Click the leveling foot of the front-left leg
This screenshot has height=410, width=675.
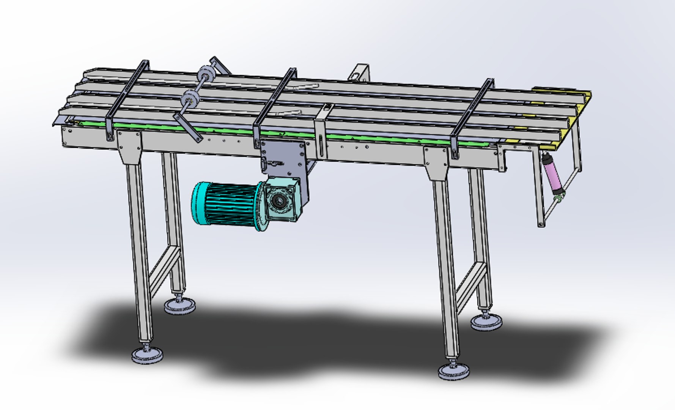pos(147,355)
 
